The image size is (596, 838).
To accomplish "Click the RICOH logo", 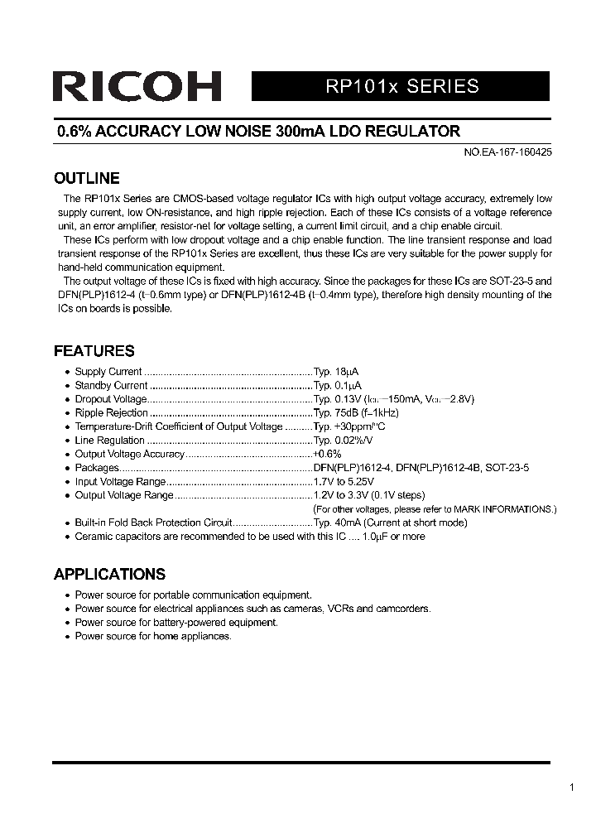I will tap(137, 86).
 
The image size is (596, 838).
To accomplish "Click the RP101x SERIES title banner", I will tap(400, 86).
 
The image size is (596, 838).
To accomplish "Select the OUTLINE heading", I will tap(86, 178).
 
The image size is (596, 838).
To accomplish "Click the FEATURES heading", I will tap(94, 350).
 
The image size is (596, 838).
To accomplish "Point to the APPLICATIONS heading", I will tap(109, 574).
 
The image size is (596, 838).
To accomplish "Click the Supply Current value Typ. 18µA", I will tap(335, 372).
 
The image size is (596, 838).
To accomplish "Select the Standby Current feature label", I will tap(111, 385).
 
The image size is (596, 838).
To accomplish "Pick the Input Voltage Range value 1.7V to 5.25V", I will tap(343, 481).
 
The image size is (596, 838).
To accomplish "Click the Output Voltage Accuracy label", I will tap(129, 454).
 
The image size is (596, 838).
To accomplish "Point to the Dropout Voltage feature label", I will tap(110, 399).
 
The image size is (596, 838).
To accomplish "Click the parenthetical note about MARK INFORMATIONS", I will tap(435, 508).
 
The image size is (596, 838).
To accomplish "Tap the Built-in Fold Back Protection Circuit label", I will tap(153, 523).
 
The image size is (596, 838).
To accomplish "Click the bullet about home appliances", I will tap(153, 636).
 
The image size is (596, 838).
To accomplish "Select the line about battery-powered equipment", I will tap(176, 622).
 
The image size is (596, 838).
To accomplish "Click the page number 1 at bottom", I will tap(571, 787).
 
